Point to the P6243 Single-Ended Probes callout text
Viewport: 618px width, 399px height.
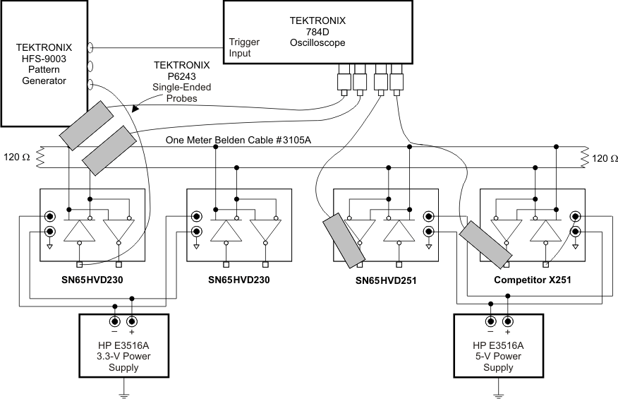point(182,82)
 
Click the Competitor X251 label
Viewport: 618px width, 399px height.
point(531,280)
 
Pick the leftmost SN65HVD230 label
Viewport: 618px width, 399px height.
point(92,280)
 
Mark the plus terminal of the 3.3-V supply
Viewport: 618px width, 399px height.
point(131,323)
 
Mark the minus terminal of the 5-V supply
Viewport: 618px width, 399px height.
point(490,323)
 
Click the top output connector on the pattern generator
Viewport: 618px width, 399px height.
point(91,48)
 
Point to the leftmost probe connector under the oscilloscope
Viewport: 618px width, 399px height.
point(344,78)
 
